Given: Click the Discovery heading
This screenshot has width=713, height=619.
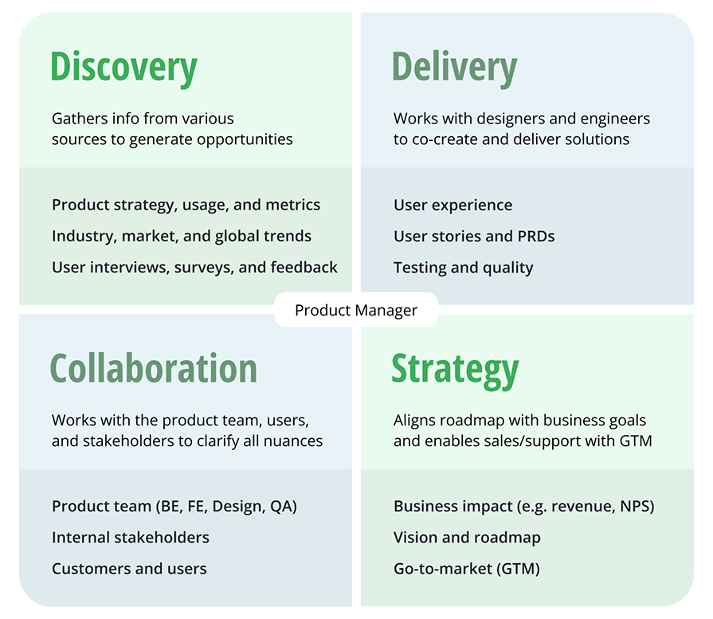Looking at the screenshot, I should tap(123, 68).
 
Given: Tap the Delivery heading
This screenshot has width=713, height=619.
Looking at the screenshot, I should tap(454, 68).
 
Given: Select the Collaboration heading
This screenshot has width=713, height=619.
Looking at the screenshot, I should tap(154, 368).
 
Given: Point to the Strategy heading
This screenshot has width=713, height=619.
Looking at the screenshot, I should tap(455, 368).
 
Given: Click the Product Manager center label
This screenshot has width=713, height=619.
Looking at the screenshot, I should tap(356, 311).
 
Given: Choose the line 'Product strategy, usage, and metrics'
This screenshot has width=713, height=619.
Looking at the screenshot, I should tap(186, 205).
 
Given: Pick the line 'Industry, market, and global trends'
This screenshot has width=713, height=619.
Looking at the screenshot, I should tap(182, 236).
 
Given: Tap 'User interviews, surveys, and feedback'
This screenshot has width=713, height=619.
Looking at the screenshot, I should tap(194, 268).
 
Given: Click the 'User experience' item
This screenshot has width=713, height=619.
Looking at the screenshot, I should tap(452, 205).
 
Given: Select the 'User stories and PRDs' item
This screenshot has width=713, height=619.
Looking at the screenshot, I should tap(474, 236).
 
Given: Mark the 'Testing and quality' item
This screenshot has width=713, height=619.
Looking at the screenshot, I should tap(463, 268).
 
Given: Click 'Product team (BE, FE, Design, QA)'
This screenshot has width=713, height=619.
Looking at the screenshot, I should tap(174, 506).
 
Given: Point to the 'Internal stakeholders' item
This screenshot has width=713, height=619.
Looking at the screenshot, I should tap(131, 538).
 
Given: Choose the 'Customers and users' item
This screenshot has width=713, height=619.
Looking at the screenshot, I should tap(129, 569).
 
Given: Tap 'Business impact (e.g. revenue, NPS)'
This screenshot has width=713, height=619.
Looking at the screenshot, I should tap(523, 506).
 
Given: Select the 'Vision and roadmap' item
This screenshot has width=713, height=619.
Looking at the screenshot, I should tap(467, 538).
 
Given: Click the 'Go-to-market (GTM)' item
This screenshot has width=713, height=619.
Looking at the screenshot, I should tap(466, 569).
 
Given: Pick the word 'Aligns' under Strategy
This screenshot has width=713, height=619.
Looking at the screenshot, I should tap(414, 420).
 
